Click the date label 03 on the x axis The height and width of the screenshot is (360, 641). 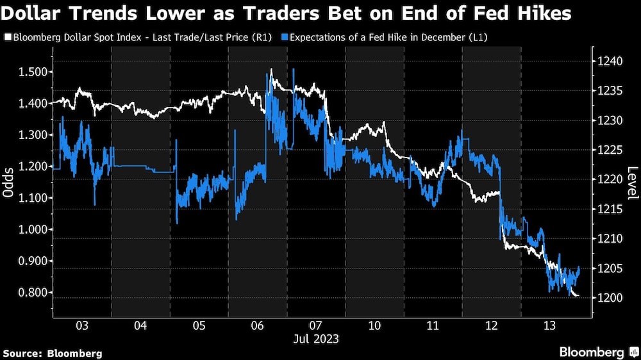[81, 325]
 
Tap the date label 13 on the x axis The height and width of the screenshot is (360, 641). [549, 325]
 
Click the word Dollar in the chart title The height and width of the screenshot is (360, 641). [32, 14]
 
